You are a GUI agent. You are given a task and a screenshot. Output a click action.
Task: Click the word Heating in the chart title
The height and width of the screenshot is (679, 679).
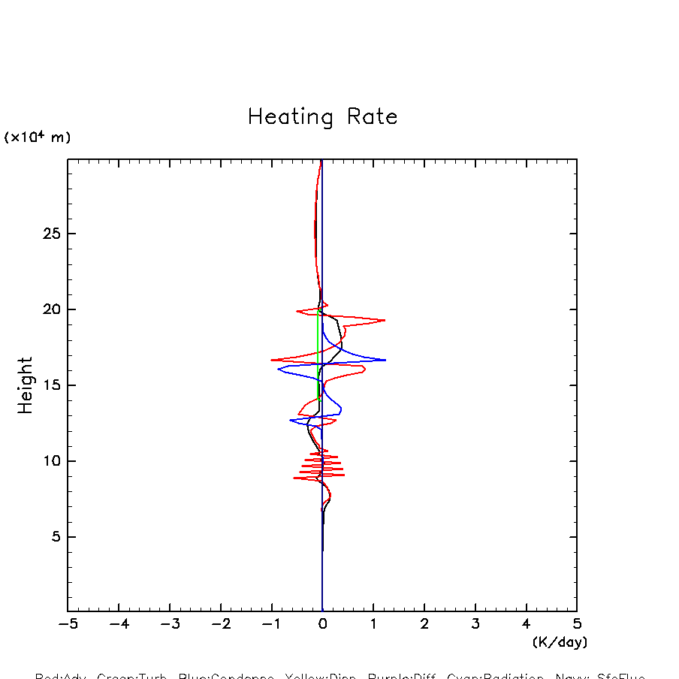291,118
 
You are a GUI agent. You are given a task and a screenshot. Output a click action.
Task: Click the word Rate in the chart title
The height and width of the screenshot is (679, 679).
373,117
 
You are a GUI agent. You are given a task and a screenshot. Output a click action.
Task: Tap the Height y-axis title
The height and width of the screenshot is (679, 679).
26,385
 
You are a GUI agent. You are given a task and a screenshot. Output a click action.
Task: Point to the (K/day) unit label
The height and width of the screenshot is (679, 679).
559,642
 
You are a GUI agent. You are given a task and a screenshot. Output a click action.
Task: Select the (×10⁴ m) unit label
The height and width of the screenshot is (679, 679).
38,137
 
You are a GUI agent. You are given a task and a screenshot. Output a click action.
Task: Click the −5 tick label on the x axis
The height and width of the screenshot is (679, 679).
68,623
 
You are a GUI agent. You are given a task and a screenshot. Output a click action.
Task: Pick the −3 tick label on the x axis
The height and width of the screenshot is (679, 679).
169,623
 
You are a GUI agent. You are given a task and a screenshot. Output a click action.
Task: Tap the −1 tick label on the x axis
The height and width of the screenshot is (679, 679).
271,623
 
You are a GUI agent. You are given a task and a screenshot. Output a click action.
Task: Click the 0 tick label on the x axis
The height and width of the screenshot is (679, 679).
322,623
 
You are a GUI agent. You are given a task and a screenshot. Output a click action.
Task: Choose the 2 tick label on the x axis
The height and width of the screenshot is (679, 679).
424,623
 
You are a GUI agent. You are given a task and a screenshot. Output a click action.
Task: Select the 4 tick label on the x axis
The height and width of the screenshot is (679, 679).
526,623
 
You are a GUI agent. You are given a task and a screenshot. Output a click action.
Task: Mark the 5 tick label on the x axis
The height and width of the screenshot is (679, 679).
577,623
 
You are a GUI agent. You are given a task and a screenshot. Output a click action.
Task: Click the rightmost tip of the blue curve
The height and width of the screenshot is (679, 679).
385,360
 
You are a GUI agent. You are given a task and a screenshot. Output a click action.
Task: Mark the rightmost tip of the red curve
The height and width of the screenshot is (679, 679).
385,320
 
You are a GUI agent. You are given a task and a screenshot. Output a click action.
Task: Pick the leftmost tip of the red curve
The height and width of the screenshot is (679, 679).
271,360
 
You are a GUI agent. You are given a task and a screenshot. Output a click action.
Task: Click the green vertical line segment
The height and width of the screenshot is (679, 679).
318,353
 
